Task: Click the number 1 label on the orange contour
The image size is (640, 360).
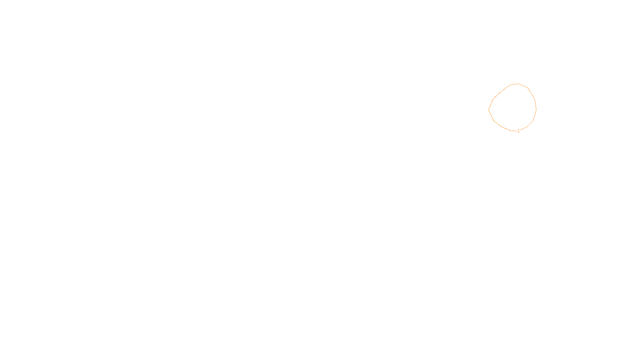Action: [x=518, y=131]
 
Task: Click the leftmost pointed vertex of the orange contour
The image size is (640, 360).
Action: [x=489, y=109]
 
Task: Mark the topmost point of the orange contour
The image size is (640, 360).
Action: [x=518, y=84]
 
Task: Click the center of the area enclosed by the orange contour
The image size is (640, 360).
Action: [x=513, y=108]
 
